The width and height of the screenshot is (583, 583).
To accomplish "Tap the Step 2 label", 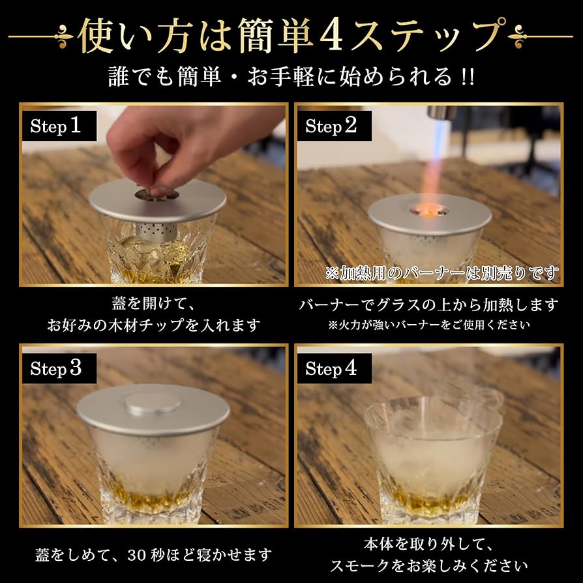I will coord(331,126).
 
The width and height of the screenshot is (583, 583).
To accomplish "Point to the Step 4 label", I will coord(331,368).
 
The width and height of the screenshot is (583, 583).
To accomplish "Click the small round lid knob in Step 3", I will coord(153,404).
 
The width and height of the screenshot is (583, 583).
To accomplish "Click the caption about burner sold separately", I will coord(442,272).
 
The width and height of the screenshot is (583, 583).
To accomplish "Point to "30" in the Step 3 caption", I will coord(151,556).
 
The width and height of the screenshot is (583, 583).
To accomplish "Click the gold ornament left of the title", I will coord(62,36).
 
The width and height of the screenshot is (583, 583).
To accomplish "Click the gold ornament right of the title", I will coord(520,36).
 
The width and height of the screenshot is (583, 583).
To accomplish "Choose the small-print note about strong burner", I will coord(428,324).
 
